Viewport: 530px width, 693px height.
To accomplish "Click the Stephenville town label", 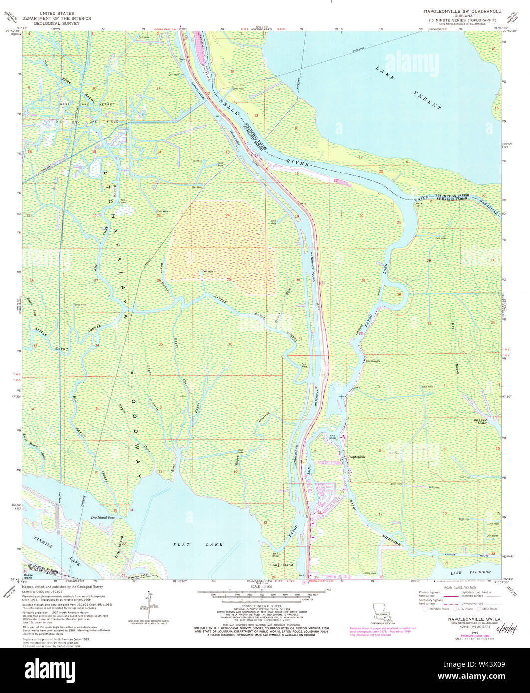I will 357,457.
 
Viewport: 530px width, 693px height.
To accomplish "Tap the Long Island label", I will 282,565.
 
